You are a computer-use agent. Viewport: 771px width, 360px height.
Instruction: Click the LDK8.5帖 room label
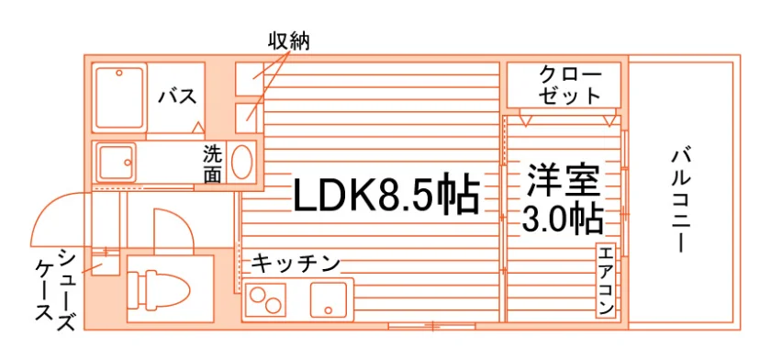(386, 195)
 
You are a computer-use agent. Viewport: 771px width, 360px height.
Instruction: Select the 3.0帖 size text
(563, 219)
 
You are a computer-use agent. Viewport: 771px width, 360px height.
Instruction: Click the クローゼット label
(570, 85)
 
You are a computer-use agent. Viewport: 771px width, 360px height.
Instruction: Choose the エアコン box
(606, 280)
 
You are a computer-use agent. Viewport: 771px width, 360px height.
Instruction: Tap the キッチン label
(296, 264)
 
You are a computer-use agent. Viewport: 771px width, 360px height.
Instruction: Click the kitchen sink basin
(328, 299)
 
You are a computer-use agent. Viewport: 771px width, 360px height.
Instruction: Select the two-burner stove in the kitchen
(265, 299)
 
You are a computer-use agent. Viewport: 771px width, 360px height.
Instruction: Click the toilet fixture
(158, 291)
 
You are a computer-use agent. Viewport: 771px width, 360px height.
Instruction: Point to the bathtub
(119, 98)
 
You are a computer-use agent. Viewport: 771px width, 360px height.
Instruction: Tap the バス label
(177, 96)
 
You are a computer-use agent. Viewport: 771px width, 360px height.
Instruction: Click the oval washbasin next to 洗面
(242, 162)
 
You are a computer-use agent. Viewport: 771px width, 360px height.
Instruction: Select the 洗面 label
(212, 164)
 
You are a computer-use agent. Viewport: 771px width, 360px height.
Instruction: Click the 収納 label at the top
(288, 41)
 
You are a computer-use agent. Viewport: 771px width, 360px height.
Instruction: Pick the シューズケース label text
(55, 290)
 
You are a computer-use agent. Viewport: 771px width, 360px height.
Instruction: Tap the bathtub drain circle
(119, 73)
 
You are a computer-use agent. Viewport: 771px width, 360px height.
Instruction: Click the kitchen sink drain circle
(328, 309)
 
